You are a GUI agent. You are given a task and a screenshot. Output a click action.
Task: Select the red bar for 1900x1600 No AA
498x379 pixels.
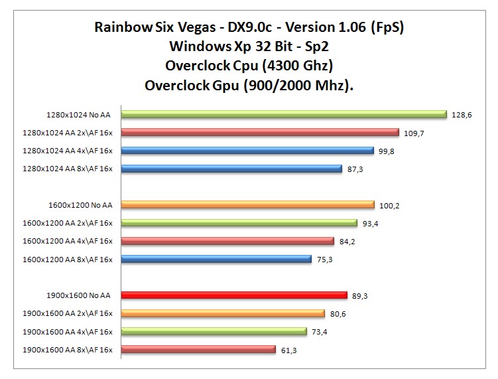pos(233,295)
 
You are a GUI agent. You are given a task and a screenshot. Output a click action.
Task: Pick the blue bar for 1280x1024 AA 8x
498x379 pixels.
pos(231,169)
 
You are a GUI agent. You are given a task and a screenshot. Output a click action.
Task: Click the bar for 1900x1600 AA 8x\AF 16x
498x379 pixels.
pos(198,349)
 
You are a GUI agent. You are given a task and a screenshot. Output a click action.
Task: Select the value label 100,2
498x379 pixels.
pos(389,205)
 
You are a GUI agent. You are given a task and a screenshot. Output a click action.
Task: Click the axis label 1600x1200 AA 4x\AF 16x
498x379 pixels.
pos(68,241)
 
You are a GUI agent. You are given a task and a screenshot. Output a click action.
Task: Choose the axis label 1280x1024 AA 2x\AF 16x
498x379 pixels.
pos(68,133)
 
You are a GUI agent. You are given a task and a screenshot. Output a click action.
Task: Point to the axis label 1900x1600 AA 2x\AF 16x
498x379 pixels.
pos(68,313)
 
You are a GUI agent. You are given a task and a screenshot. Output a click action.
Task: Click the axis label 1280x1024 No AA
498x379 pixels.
pos(79,115)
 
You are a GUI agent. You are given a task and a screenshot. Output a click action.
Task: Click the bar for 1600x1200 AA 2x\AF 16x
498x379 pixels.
pos(239,223)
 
